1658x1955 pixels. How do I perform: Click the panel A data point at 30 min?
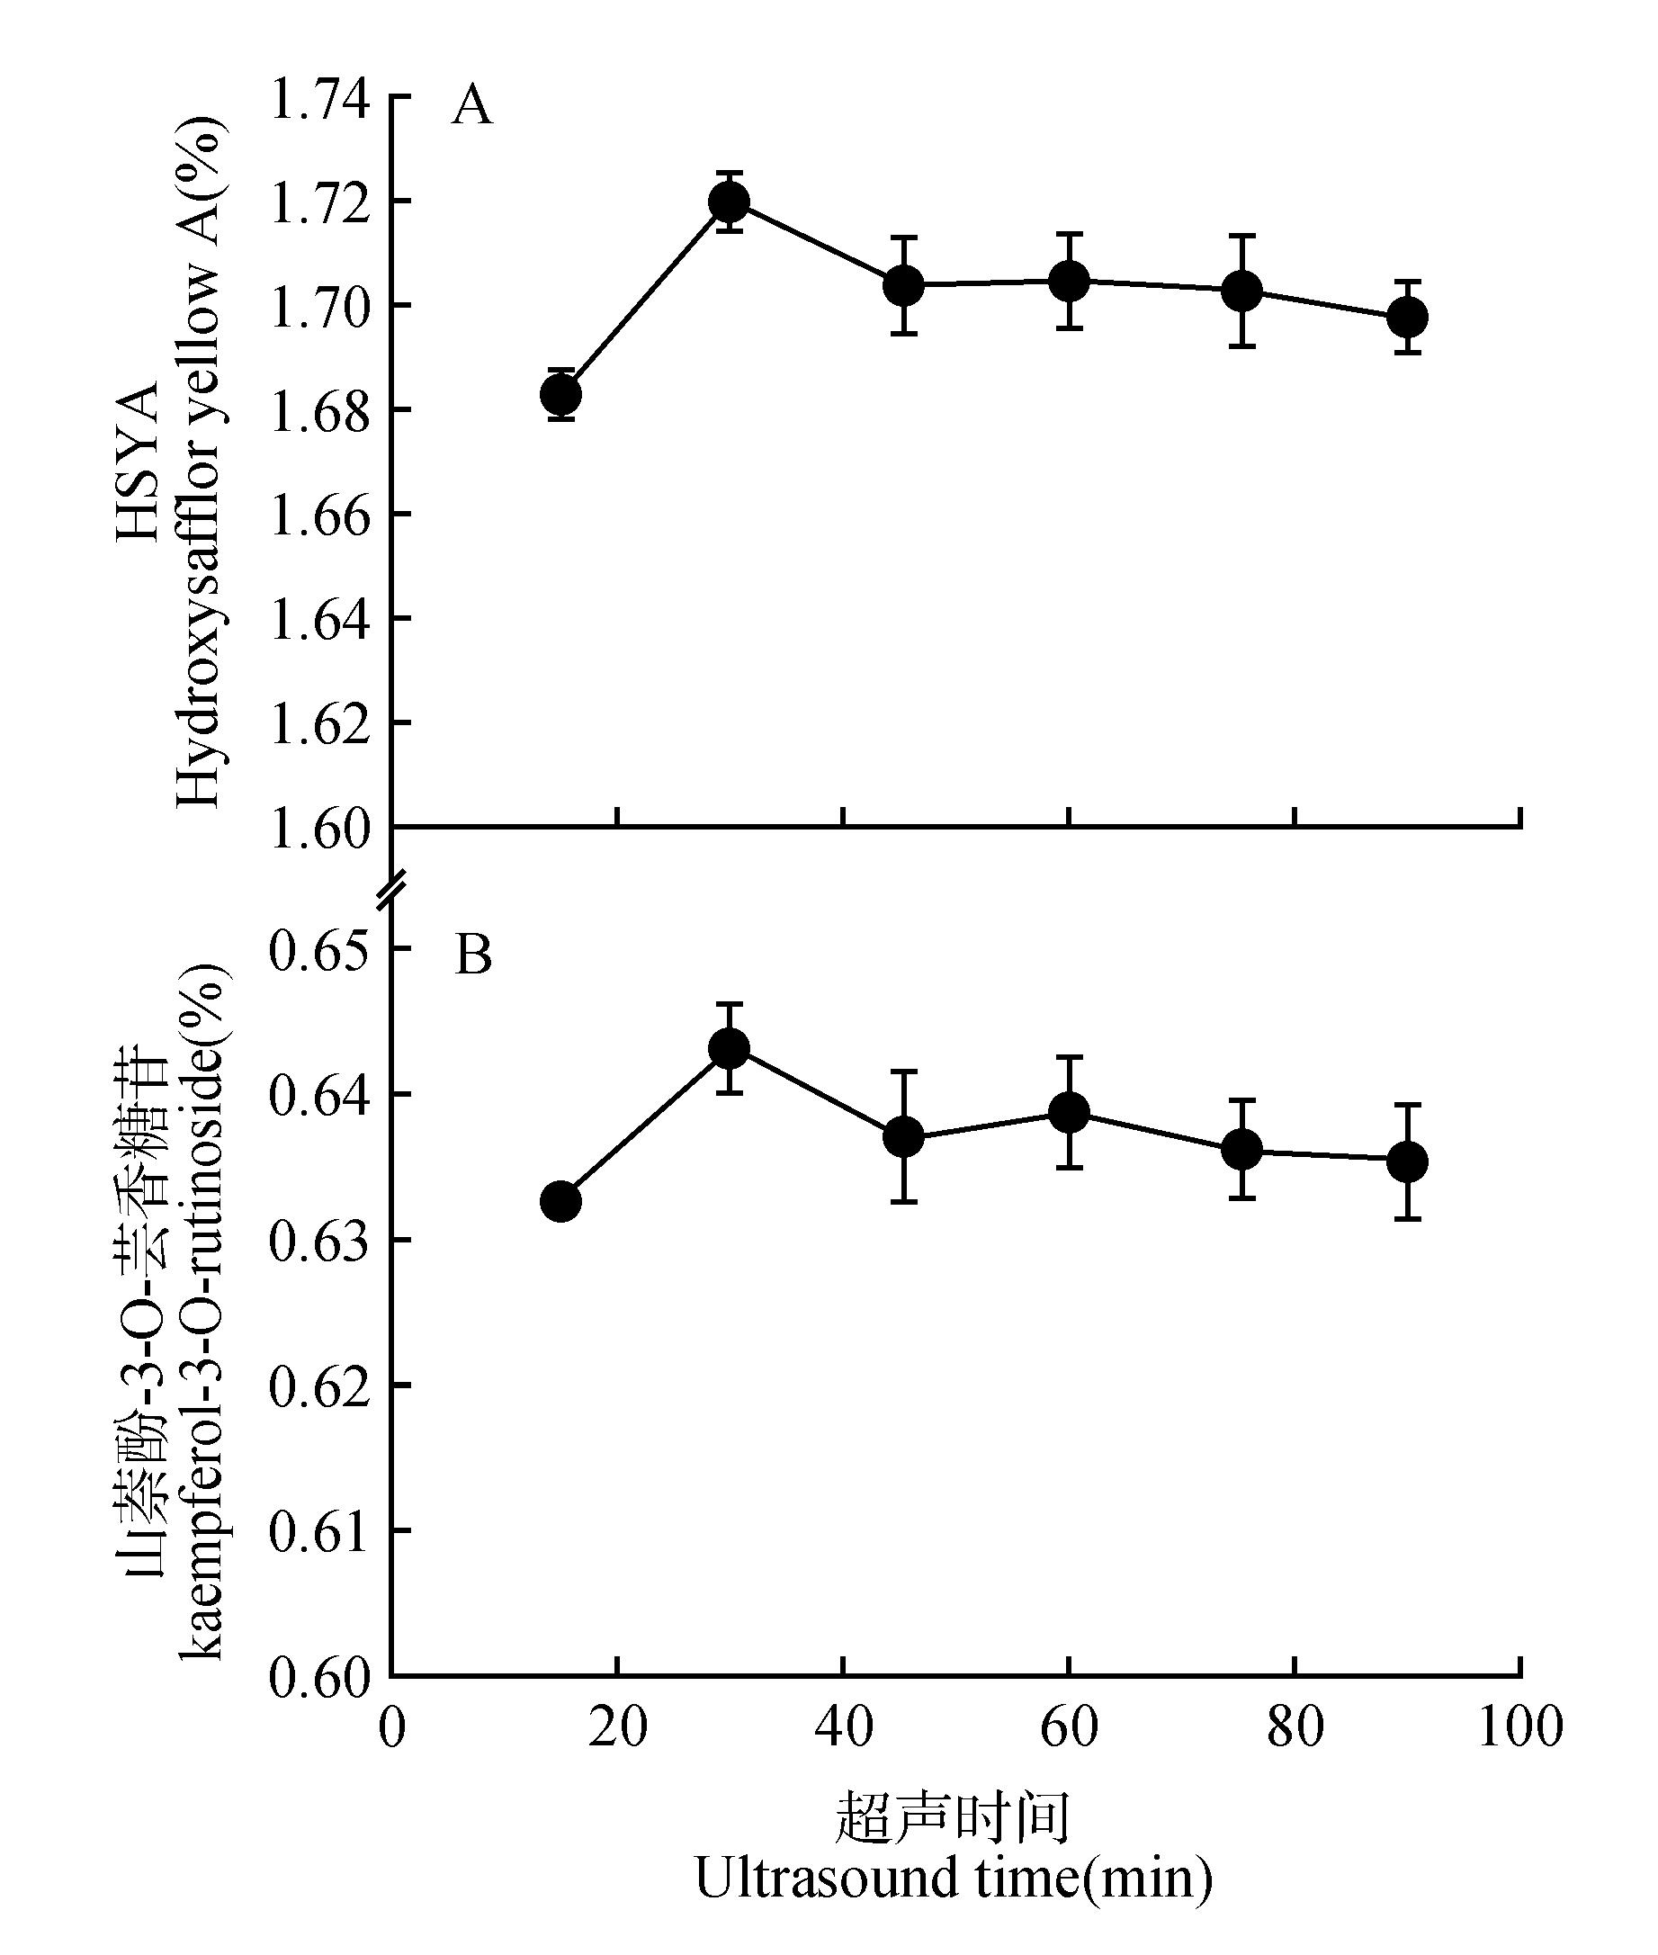730,202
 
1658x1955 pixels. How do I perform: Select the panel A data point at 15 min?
561,394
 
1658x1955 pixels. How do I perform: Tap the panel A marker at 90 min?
1407,317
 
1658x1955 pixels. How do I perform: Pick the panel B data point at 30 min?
730,1048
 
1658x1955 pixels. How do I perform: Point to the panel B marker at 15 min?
561,1201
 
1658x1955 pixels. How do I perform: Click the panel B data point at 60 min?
1069,1113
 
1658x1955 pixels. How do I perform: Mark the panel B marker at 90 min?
1407,1161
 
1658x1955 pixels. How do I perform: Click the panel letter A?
471,106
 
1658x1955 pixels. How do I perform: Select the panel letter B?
473,955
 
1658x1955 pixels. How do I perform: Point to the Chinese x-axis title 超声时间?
953,1819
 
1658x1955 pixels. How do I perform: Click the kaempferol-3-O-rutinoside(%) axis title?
202,1316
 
